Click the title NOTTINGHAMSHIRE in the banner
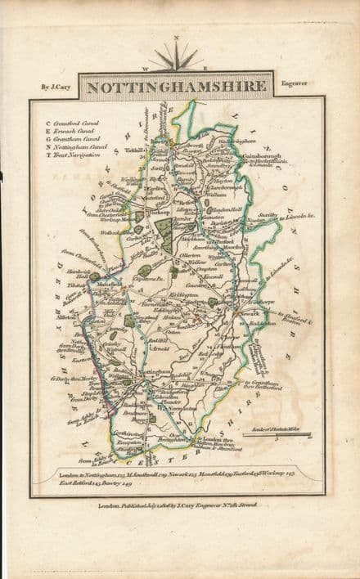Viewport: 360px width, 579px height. pyautogui.click(x=177, y=86)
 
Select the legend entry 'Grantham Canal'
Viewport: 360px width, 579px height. pyautogui.click(x=72, y=138)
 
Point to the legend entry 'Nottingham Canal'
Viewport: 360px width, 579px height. pyautogui.click(x=74, y=146)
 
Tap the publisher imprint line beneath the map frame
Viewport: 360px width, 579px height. pyautogui.click(x=177, y=505)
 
